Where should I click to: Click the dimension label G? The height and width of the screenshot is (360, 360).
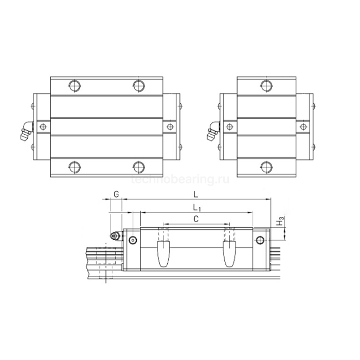[x=116, y=194]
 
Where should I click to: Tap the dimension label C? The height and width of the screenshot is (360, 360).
[x=196, y=219]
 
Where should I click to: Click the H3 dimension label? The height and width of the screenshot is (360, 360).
[x=279, y=222]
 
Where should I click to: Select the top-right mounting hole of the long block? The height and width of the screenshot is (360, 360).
[x=138, y=84]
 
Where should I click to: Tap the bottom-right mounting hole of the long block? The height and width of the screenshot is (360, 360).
[x=138, y=166]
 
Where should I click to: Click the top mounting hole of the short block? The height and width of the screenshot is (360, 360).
[x=266, y=84]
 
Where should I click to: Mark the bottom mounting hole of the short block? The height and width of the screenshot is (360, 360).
[x=266, y=166]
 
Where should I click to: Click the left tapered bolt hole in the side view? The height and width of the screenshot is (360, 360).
[x=164, y=253]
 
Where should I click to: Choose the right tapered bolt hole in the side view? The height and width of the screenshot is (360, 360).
[x=228, y=253]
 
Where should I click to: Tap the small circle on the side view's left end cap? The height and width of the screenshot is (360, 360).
[x=133, y=240]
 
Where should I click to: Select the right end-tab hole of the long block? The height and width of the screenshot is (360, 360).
[x=170, y=125]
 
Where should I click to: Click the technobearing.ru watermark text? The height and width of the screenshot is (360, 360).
[x=179, y=179]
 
